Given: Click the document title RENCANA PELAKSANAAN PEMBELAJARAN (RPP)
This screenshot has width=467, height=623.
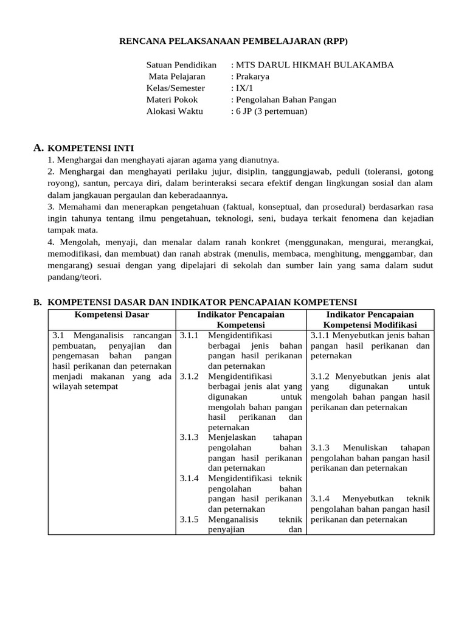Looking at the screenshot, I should [233, 41].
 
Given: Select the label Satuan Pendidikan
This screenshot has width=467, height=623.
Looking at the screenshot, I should [181, 65].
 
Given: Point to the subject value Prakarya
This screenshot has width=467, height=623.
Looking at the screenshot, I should [252, 77].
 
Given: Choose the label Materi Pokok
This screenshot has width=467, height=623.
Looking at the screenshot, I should [172, 100].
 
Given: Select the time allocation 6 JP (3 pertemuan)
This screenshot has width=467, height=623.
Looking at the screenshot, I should [272, 111].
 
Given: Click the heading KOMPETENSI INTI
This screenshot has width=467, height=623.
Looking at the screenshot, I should [91, 148].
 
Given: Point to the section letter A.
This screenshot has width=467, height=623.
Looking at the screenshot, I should [38, 147].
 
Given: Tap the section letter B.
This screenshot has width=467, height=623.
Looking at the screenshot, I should [36, 302].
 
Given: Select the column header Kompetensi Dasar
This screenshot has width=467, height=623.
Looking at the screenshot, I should [111, 315].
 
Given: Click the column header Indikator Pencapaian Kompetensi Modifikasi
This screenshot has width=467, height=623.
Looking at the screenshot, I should [370, 320].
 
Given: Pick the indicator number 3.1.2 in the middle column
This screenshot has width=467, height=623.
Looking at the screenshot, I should [189, 377].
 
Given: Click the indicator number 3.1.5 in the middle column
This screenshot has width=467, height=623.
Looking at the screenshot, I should [189, 520].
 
